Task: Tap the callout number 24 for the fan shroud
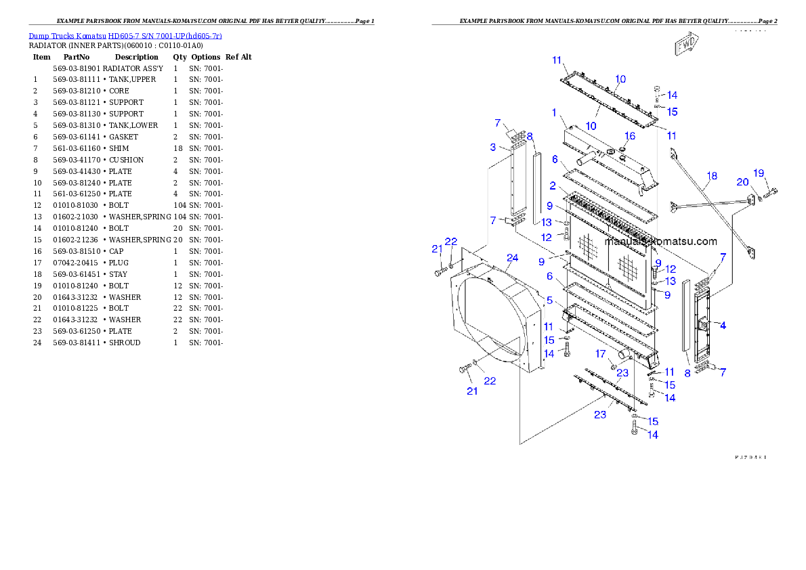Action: [x=512, y=258]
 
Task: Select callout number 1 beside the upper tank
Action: [x=553, y=113]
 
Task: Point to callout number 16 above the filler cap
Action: [x=630, y=136]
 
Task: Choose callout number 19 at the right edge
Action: [x=759, y=173]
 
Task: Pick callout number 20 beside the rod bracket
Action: [x=743, y=182]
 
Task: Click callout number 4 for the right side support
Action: [x=723, y=326]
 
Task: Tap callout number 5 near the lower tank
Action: [x=550, y=300]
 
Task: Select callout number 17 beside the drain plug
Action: [x=600, y=354]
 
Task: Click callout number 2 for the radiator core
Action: [x=553, y=185]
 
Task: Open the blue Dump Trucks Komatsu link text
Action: [x=125, y=36]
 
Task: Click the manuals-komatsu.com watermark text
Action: [x=661, y=242]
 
